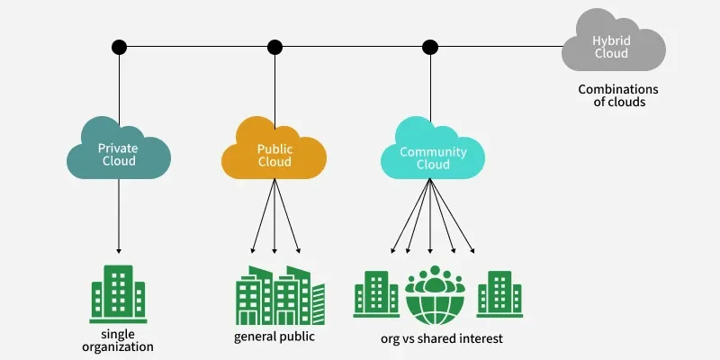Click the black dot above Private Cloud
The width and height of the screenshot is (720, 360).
(x=118, y=46)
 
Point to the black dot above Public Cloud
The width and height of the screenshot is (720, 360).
(x=274, y=46)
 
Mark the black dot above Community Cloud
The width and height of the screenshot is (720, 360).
(x=430, y=46)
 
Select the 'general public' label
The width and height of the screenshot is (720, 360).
(x=274, y=337)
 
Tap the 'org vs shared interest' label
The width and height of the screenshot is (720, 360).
(x=441, y=338)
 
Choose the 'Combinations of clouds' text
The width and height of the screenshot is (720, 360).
(x=618, y=95)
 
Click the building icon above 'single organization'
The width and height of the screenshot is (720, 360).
(x=118, y=292)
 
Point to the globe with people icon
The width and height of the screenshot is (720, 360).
(x=435, y=295)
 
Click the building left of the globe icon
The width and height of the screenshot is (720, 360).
(x=376, y=294)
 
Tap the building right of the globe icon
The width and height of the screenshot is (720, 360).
(x=494, y=294)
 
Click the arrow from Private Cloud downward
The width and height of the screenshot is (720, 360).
(x=118, y=216)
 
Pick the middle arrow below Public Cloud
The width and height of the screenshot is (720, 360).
(x=274, y=216)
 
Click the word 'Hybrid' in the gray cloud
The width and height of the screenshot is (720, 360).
(x=612, y=40)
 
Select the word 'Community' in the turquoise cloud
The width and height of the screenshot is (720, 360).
(x=433, y=152)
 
